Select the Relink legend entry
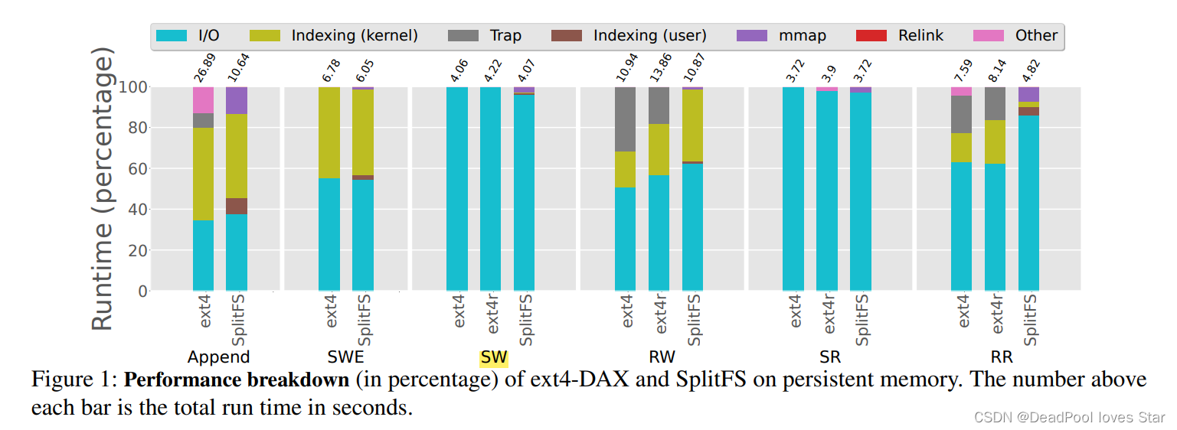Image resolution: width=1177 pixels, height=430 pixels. (906, 36)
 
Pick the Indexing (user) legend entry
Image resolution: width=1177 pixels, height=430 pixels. (628, 36)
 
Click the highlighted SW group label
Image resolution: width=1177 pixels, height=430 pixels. (493, 357)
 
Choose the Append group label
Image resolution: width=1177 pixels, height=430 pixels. (219, 357)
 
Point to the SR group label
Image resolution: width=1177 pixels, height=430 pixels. (829, 357)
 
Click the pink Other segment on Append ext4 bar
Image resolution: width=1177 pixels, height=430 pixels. (203, 99)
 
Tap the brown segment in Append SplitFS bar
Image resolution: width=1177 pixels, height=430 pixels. (237, 206)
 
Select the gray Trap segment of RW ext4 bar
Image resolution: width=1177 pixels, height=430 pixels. (626, 119)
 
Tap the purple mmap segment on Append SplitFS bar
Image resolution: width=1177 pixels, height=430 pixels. (237, 100)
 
